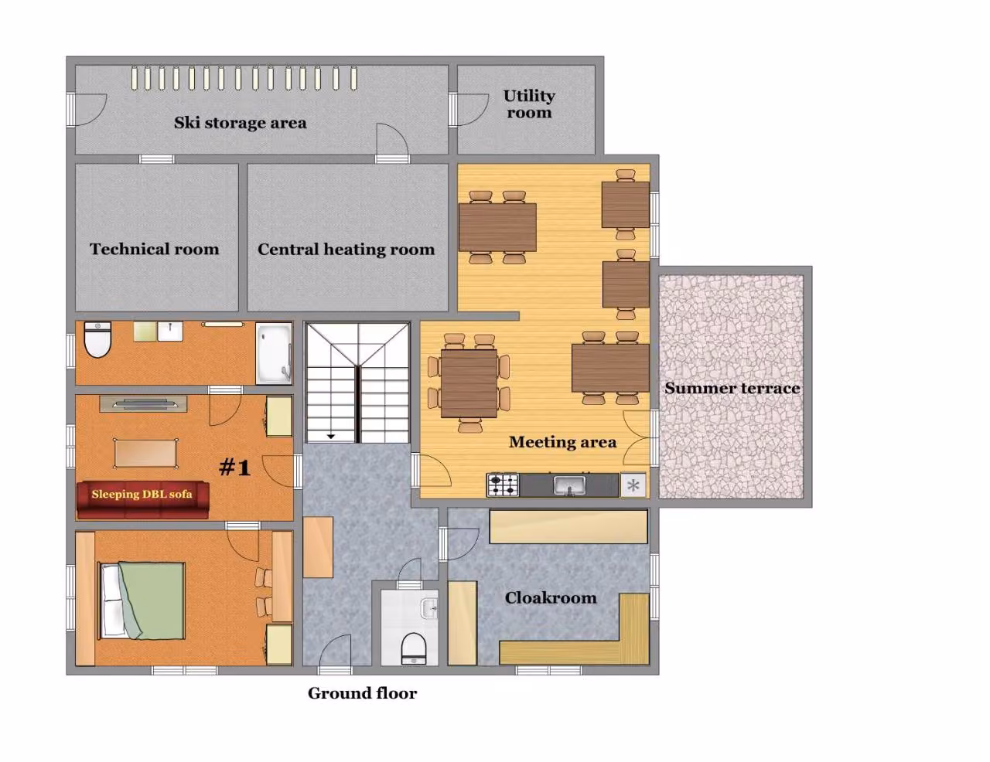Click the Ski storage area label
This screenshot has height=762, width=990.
[x=240, y=123]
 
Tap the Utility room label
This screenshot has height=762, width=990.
[x=529, y=104]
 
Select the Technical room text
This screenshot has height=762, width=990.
[x=155, y=249]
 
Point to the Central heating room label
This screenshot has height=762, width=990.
[x=346, y=250]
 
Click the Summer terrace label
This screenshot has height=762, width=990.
[x=732, y=388]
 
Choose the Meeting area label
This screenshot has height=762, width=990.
[x=562, y=442]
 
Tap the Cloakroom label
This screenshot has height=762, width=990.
[x=551, y=597]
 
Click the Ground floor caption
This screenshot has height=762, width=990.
[x=362, y=693]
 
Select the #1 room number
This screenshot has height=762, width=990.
[x=234, y=467]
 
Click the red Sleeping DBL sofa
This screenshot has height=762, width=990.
[x=142, y=500]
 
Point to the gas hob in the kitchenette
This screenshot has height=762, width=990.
[x=503, y=485]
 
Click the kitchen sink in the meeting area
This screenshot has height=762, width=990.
[x=569, y=485]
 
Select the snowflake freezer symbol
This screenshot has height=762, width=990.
[x=633, y=485]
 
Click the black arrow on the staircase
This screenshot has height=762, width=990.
[x=331, y=437]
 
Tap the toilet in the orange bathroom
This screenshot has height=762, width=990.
[x=97, y=339]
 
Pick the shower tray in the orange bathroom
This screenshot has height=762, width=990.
[x=273, y=353]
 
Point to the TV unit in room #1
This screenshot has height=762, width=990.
[x=143, y=403]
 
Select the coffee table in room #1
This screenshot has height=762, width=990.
[x=145, y=453]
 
